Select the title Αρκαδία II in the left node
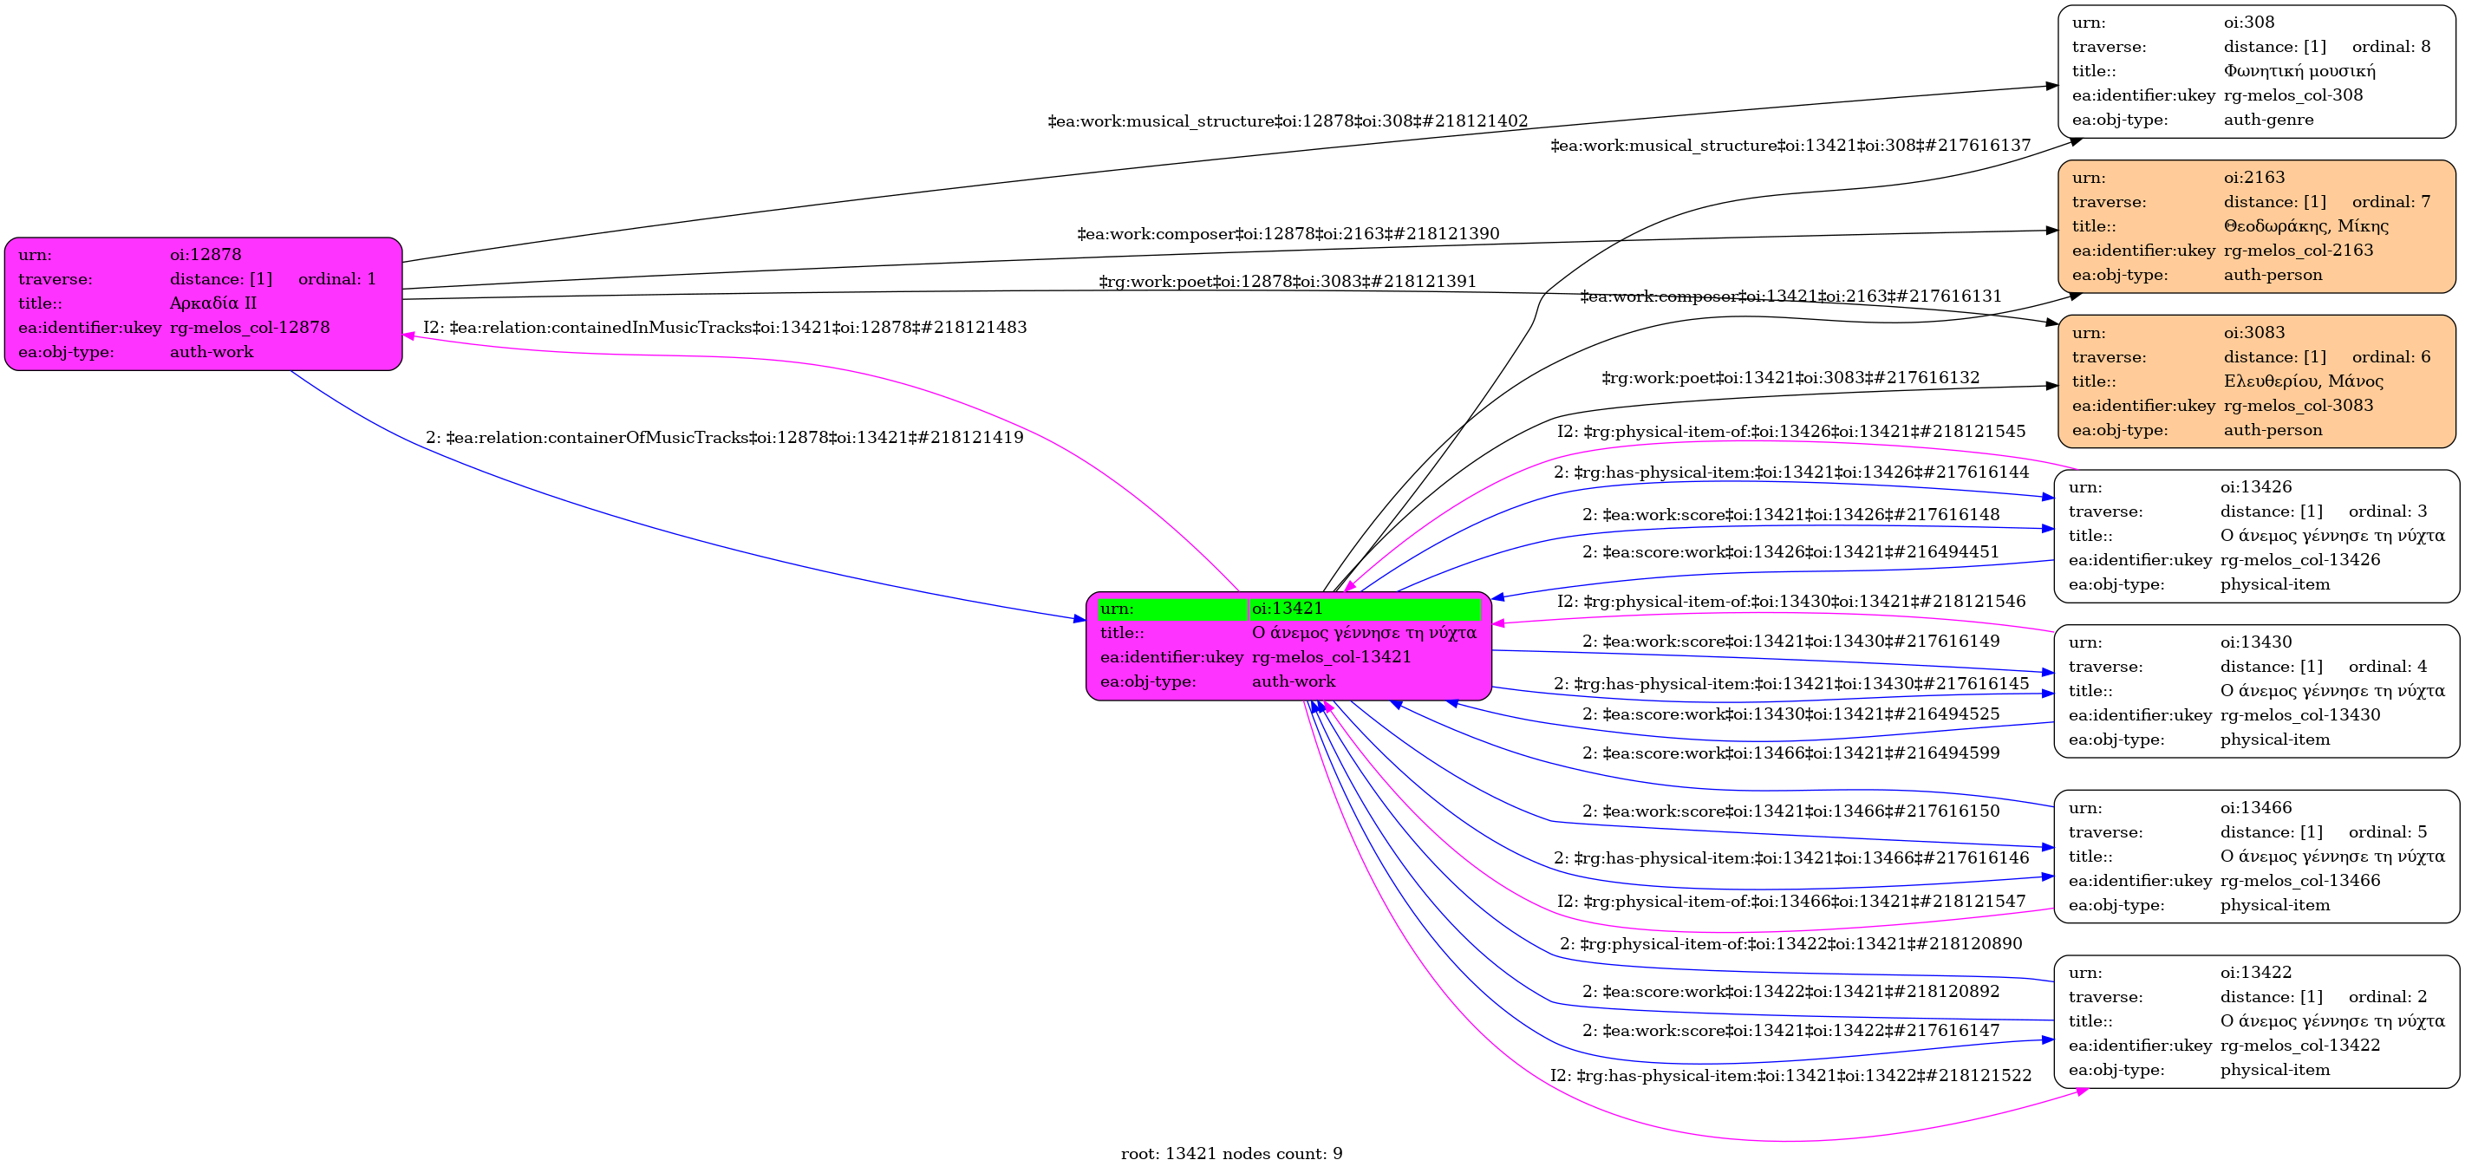coord(213,303)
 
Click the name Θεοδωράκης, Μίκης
coord(2306,225)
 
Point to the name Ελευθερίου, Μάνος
coord(2303,381)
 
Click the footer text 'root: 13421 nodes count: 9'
coord(1231,1154)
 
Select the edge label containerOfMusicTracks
coord(724,437)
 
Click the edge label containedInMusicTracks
coord(724,327)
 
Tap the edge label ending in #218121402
coord(1287,121)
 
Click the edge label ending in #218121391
coord(1287,281)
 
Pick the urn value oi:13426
coord(2256,487)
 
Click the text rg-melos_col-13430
coord(2300,714)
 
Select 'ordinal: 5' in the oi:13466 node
coord(2388,832)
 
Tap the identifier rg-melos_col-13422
coord(2300,1046)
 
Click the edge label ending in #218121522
coord(1790,1075)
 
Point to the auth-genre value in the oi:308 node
coord(2268,120)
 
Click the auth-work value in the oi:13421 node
coord(1293,681)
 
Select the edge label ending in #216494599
coord(1790,753)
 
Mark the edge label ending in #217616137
coord(1790,146)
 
